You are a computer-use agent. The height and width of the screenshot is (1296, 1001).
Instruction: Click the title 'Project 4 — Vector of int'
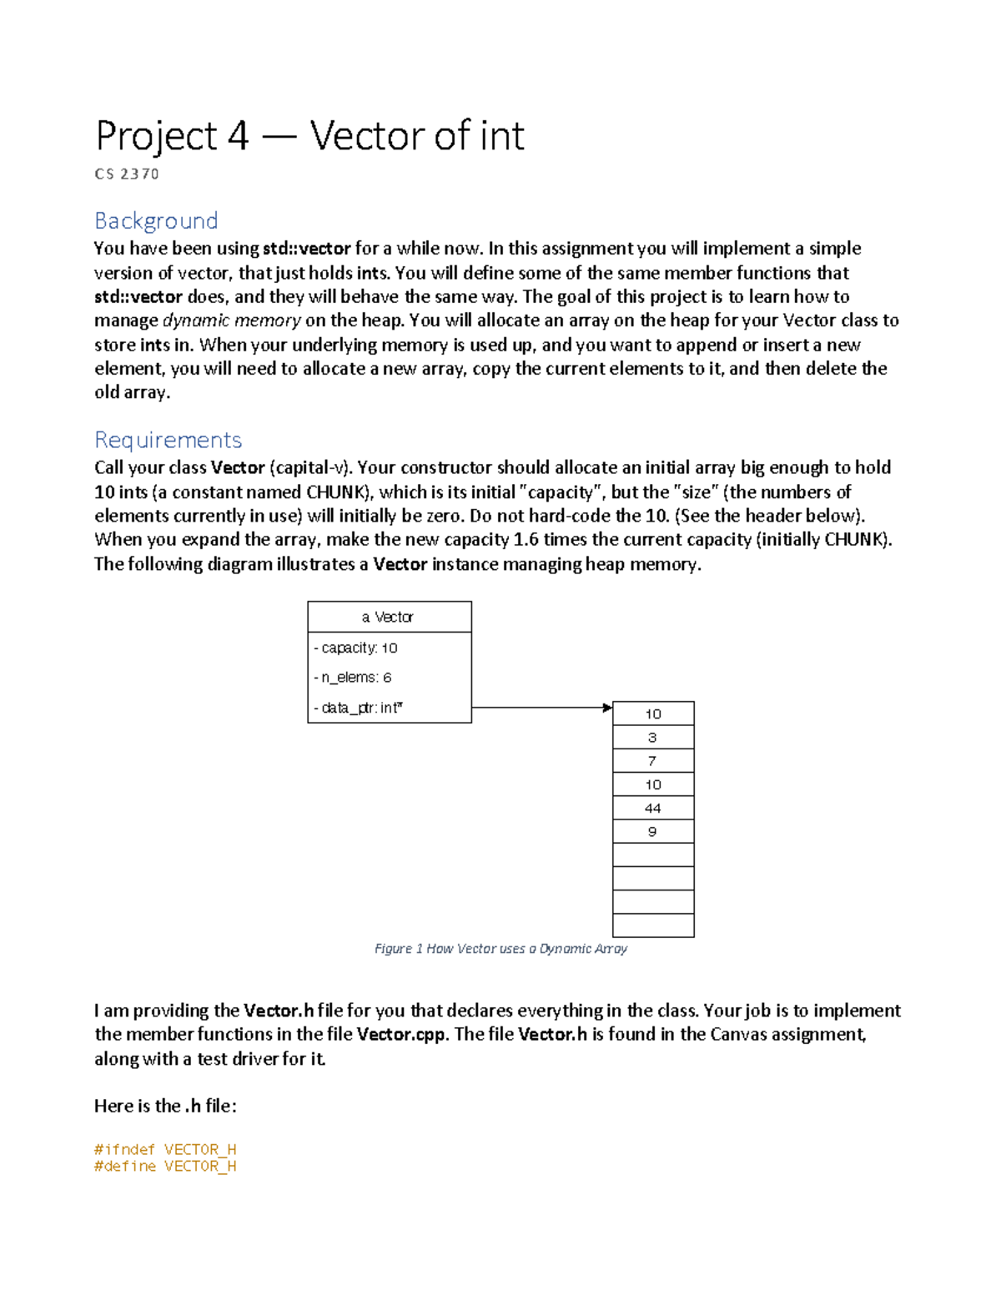[309, 136]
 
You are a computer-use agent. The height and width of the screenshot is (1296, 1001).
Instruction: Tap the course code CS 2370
[127, 174]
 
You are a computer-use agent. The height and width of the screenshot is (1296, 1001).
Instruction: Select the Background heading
[156, 220]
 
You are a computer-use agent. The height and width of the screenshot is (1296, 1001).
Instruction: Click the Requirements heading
[168, 440]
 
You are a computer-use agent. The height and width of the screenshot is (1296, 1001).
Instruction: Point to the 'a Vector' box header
[389, 617]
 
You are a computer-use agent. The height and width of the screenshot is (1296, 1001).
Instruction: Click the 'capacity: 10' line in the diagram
[356, 648]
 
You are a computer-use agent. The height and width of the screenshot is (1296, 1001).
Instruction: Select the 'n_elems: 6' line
[353, 678]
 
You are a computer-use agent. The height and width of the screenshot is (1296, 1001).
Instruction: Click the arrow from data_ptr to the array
[542, 708]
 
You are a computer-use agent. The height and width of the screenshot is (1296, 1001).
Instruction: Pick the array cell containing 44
[653, 808]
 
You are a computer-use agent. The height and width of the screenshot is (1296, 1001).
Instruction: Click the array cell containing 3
[653, 737]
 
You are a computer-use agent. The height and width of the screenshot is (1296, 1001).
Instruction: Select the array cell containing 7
[653, 760]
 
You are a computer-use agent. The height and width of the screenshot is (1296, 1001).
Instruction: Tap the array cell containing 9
[653, 831]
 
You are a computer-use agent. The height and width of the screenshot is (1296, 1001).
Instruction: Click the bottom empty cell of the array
[653, 925]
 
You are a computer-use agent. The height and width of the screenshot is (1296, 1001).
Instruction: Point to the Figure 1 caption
[500, 949]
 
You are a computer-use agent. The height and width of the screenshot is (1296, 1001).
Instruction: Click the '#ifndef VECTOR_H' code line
[165, 1149]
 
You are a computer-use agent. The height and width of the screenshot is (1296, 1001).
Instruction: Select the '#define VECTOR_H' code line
[165, 1166]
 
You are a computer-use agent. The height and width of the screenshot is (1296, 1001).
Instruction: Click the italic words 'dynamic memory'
[231, 320]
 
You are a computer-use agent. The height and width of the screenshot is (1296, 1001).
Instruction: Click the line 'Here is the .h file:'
[165, 1106]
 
